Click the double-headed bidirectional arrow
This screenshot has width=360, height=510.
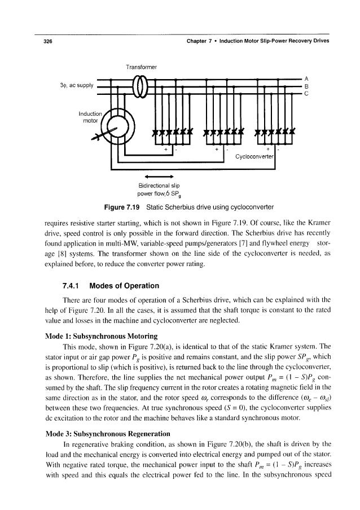point(147,176)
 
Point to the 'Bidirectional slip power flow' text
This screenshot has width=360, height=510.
point(147,190)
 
